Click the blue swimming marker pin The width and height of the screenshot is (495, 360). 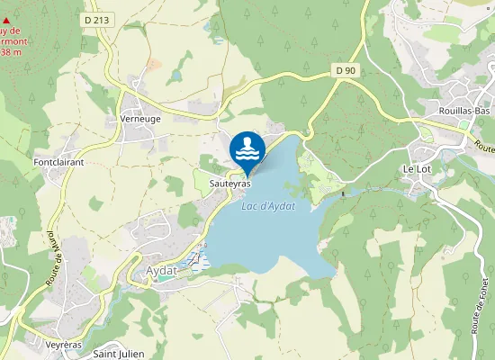pyautogui.click(x=247, y=149)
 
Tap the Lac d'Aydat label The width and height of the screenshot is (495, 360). pyautogui.click(x=269, y=206)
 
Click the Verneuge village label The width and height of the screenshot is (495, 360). pyautogui.click(x=139, y=119)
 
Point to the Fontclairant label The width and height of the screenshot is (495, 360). pyautogui.click(x=58, y=162)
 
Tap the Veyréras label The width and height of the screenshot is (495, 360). pyautogui.click(x=64, y=345)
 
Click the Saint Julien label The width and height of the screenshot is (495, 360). pyautogui.click(x=119, y=354)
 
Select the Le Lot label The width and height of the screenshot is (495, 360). pyautogui.click(x=418, y=169)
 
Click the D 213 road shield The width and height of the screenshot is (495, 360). pyautogui.click(x=98, y=18)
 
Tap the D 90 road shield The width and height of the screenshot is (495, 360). pyautogui.click(x=346, y=70)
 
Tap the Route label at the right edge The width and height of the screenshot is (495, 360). pyautogui.click(x=484, y=146)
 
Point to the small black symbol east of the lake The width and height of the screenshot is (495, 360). pyautogui.click(x=344, y=193)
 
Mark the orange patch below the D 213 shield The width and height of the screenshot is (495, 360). pyautogui.click(x=152, y=64)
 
